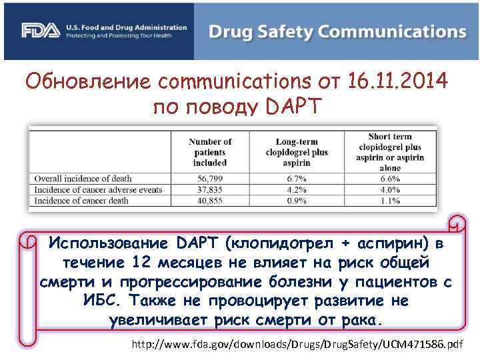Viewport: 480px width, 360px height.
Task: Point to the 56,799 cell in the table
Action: (209, 179)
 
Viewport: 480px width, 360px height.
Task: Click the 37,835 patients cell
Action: (209, 189)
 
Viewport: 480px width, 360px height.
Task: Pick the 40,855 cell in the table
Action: (209, 200)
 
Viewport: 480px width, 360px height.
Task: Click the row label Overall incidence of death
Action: (83, 179)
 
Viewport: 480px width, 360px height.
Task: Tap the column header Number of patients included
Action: (209, 151)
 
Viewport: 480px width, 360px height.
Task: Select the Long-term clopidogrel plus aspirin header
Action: (297, 151)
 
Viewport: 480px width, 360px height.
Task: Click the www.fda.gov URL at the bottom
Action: (297, 345)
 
